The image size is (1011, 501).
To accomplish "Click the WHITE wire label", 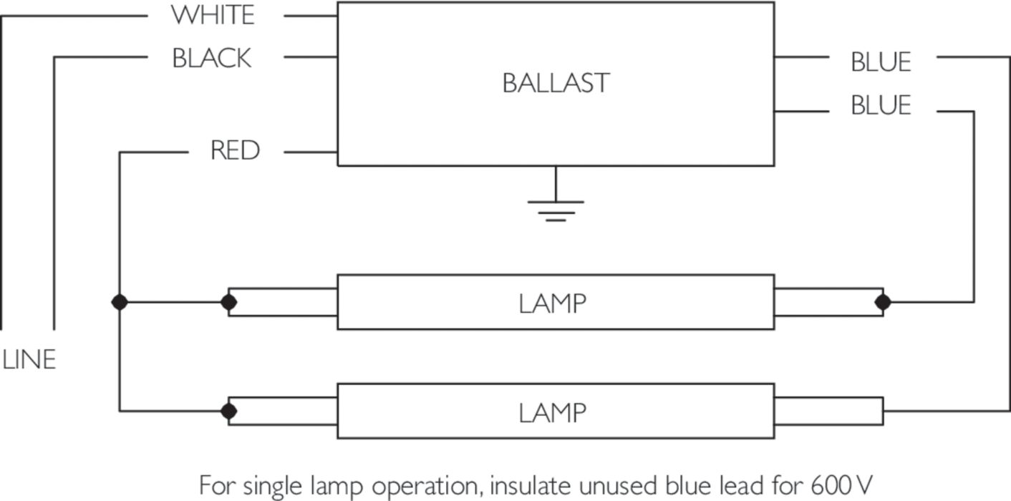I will click(x=213, y=15).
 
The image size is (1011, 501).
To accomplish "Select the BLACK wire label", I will click(x=212, y=58).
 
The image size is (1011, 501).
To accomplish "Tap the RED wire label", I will click(x=235, y=151).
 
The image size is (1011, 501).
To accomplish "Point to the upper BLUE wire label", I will click(x=881, y=62).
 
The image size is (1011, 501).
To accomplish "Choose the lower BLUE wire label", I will click(x=881, y=106).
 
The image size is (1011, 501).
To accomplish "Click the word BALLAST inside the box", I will click(x=556, y=83).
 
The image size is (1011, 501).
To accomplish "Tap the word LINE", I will click(x=29, y=360).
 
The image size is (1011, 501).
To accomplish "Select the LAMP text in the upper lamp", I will click(x=553, y=303).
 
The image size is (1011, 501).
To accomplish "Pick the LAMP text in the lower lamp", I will click(x=553, y=412).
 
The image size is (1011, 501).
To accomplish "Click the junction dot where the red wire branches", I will click(x=120, y=302).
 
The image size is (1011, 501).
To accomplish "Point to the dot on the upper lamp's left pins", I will click(x=229, y=302).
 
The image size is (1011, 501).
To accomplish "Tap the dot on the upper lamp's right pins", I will click(x=883, y=302).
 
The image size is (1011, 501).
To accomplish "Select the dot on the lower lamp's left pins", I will click(x=229, y=412).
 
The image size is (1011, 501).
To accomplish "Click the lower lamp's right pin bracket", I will click(x=828, y=412).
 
